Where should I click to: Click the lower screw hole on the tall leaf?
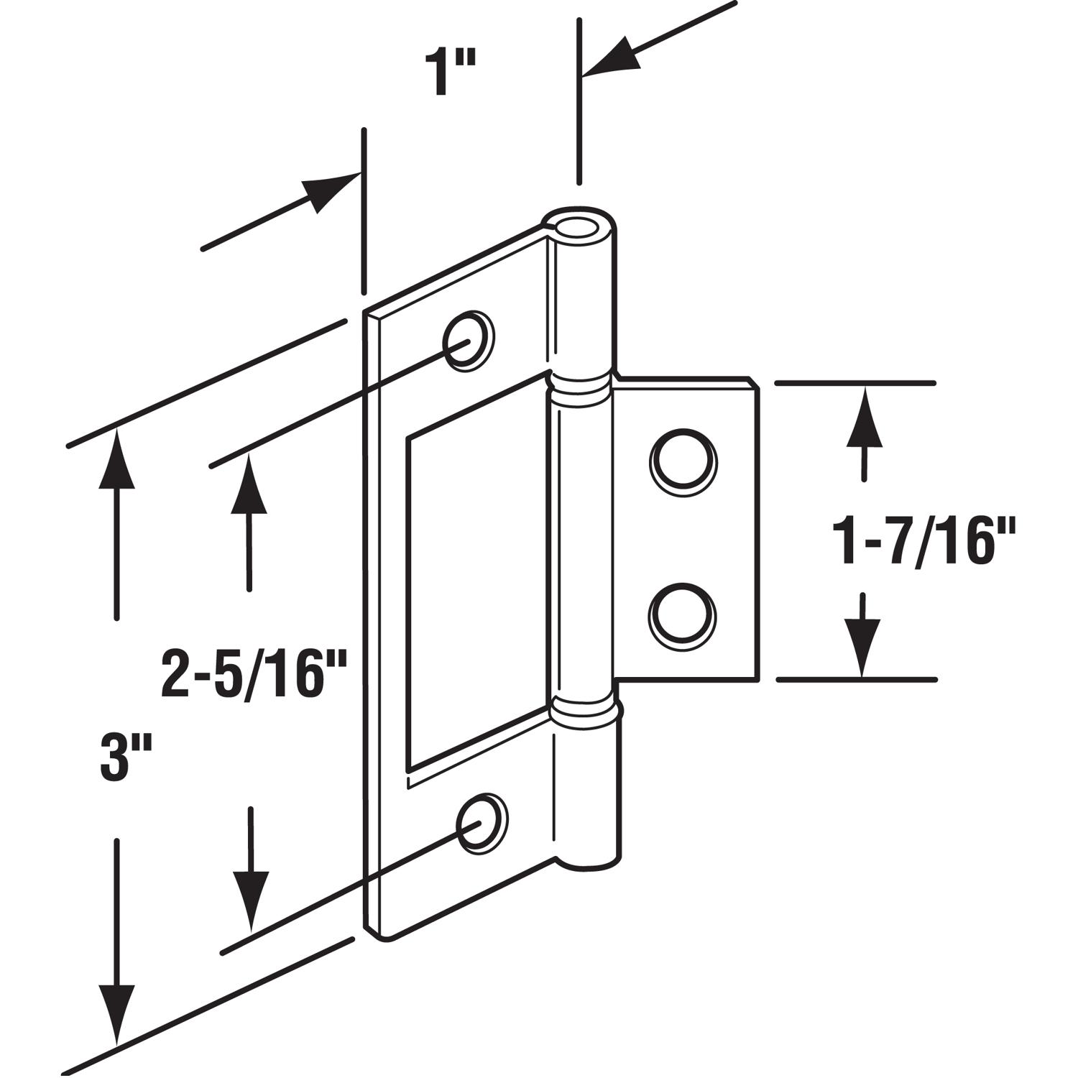(x=482, y=824)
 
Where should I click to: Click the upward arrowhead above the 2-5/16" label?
(x=249, y=484)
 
